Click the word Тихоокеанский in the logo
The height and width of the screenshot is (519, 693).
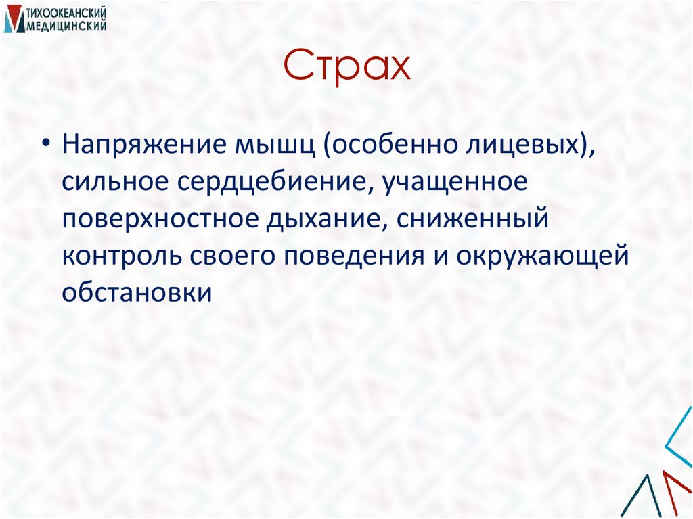pos(66,12)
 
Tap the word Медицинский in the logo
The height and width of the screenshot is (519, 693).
pos(66,26)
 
